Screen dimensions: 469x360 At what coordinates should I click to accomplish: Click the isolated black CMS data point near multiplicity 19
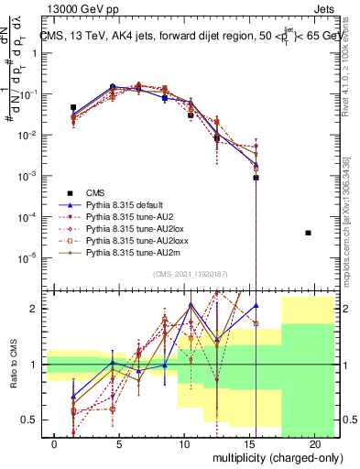point(308,233)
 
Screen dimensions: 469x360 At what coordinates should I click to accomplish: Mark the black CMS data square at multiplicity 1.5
point(73,107)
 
